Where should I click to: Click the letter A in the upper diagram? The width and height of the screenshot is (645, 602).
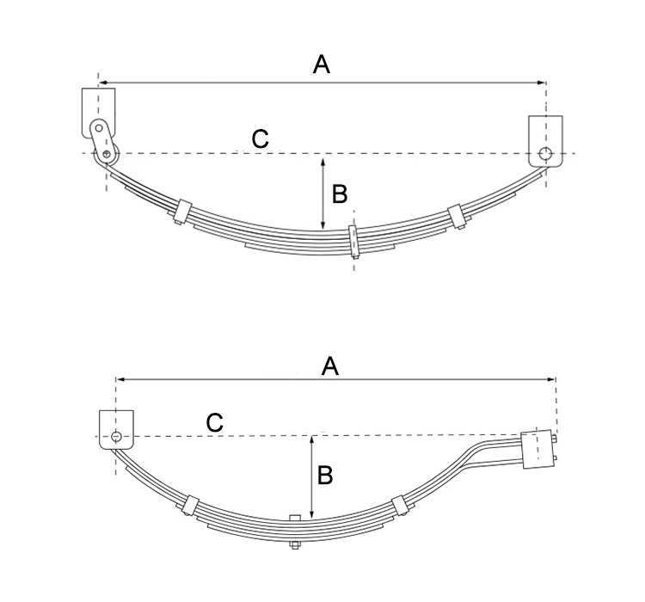(x=322, y=64)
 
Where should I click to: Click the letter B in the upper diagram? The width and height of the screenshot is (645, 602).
(x=340, y=194)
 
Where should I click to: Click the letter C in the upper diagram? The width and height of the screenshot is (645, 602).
(x=260, y=138)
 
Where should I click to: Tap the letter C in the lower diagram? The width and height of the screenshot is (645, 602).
(x=215, y=422)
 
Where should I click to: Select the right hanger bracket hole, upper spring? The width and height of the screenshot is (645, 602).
(x=544, y=155)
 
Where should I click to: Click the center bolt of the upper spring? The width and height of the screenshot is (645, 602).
(x=353, y=243)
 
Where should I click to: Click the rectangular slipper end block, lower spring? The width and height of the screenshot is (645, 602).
(x=537, y=449)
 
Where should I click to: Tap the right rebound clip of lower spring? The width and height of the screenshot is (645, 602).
(x=397, y=507)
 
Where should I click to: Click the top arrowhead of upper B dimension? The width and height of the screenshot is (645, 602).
(x=322, y=161)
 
